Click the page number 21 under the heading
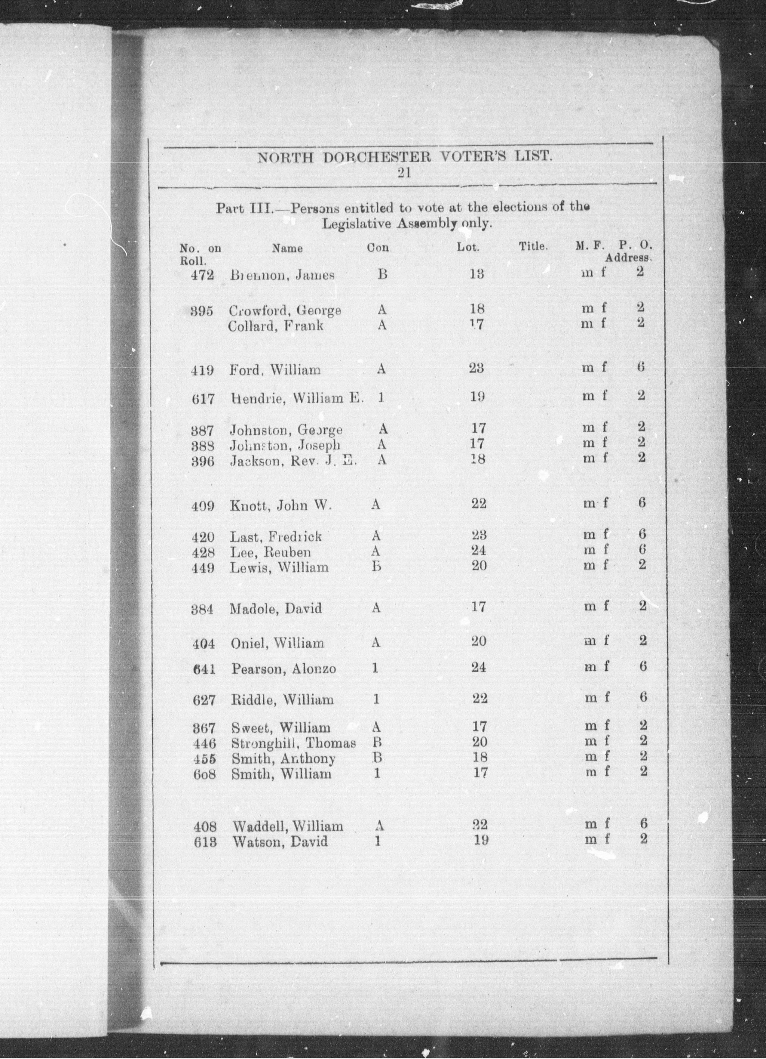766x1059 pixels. click(x=403, y=173)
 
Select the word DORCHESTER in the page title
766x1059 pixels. click(x=377, y=157)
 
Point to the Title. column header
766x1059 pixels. click(x=533, y=246)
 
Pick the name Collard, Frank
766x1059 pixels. click(x=275, y=326)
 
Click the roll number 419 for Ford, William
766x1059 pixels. click(x=202, y=371)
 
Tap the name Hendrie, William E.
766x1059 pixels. click(x=297, y=398)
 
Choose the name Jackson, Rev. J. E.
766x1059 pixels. click(x=293, y=461)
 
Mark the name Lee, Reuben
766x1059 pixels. click(x=271, y=552)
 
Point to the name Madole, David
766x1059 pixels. click(x=276, y=609)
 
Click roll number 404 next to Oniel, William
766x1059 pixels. click(x=204, y=644)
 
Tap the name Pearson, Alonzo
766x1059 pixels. click(x=283, y=669)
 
